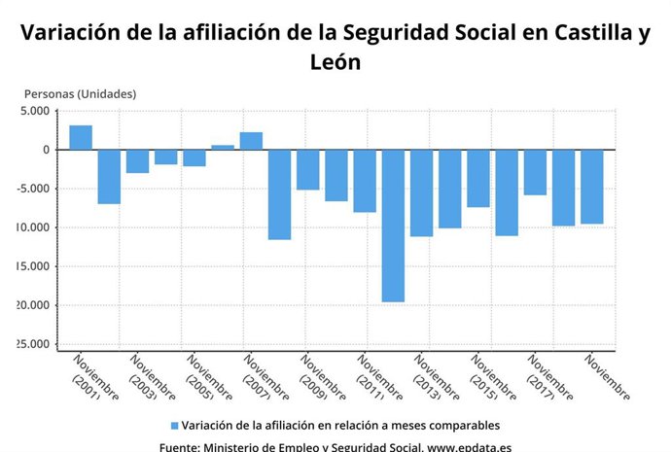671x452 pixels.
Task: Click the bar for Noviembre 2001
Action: pyautogui.click(x=81, y=137)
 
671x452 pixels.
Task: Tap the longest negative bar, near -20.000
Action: pyautogui.click(x=393, y=226)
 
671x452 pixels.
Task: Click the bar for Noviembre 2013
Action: pyautogui.click(x=421, y=192)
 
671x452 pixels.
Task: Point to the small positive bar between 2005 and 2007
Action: pyautogui.click(x=223, y=147)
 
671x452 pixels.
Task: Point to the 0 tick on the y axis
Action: pyautogui.click(x=43, y=150)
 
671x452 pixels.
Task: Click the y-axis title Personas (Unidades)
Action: pyautogui.click(x=80, y=94)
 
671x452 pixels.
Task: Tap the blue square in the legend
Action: pyautogui.click(x=174, y=426)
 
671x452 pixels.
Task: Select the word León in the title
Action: pyautogui.click(x=335, y=62)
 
